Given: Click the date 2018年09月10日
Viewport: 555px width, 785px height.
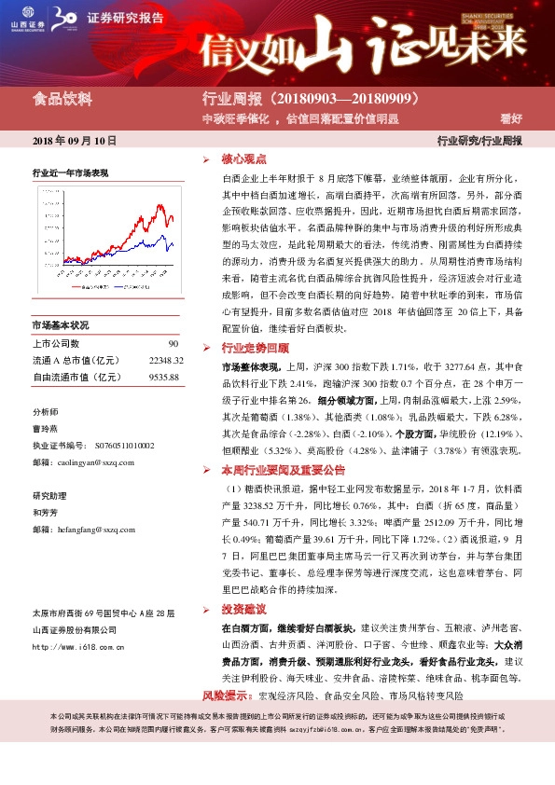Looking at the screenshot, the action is click(x=75, y=141).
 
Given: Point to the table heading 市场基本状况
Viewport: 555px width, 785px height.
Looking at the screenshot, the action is click(x=60, y=325).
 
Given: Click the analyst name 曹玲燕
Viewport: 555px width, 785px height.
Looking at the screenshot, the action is click(x=46, y=430).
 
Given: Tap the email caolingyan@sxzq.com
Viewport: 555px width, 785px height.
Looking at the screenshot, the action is click(x=94, y=461).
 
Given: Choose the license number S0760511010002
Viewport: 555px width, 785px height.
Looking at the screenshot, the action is click(x=122, y=446).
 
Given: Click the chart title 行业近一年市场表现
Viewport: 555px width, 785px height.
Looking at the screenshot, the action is click(x=70, y=173).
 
